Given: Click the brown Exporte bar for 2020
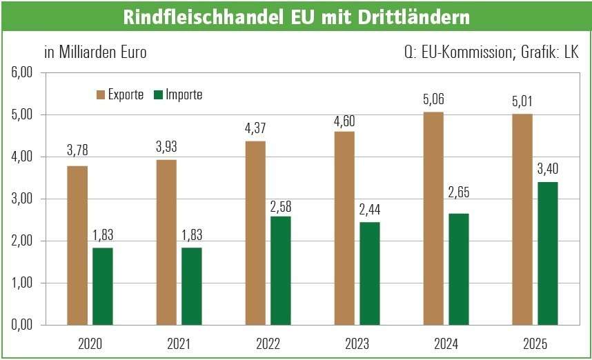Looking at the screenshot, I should point(77,245).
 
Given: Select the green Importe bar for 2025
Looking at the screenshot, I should point(548,253).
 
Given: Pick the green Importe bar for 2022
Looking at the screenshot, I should point(281,270).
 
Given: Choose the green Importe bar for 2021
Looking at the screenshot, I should point(192,286).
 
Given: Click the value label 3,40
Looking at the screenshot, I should point(548,170).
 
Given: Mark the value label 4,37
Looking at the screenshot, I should point(255,130).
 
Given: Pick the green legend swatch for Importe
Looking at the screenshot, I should point(157,95).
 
